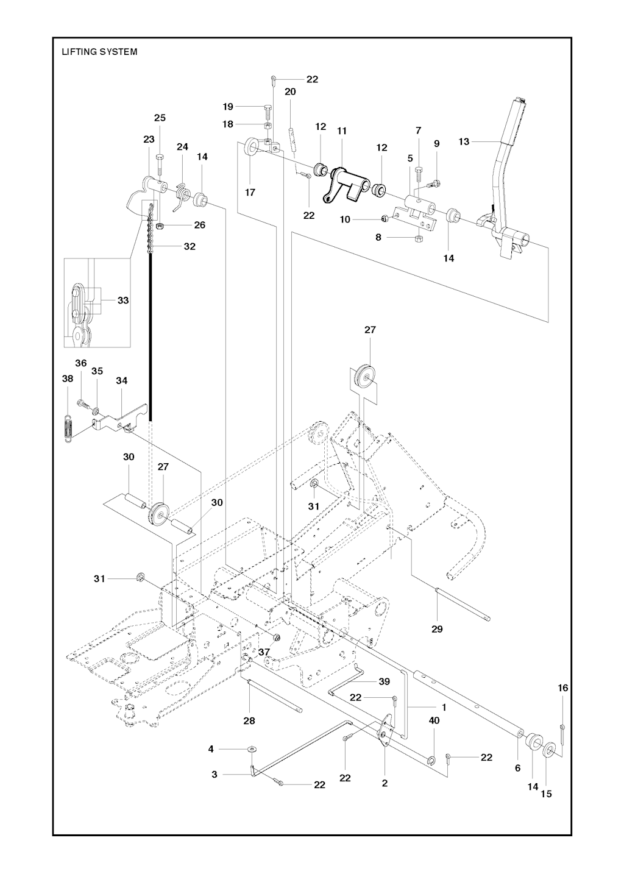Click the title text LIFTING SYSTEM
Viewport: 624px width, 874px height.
click(x=99, y=52)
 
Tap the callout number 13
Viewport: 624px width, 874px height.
click(x=464, y=141)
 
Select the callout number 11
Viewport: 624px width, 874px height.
click(x=341, y=130)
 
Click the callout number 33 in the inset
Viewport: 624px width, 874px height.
click(x=123, y=300)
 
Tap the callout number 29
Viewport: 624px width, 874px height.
click(x=437, y=629)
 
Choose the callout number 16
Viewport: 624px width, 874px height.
click(x=562, y=687)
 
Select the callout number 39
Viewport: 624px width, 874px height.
click(x=384, y=681)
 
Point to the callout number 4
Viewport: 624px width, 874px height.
click(x=211, y=748)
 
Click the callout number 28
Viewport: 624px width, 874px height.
click(x=249, y=721)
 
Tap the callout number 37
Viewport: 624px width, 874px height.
click(x=264, y=652)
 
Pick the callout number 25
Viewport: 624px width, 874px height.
click(x=159, y=118)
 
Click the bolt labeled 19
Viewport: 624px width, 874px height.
click(x=268, y=111)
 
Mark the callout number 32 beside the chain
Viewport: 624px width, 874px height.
click(x=190, y=247)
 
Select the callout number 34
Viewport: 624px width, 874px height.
click(x=122, y=380)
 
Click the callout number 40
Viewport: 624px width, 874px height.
click(x=434, y=720)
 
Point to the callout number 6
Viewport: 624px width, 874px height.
click(x=517, y=768)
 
